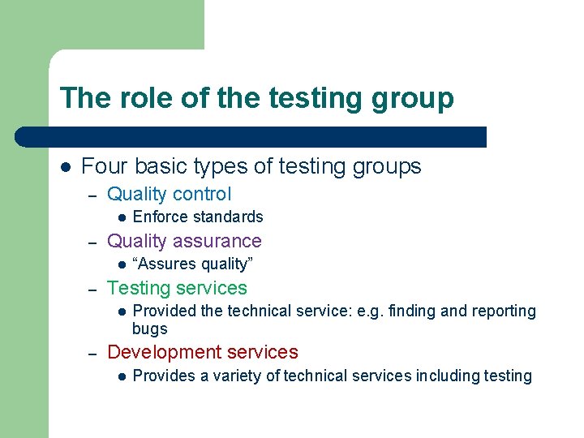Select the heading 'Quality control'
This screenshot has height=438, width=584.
tap(169, 194)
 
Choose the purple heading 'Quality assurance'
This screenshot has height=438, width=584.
tap(184, 241)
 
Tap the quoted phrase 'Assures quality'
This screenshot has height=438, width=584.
tap(193, 264)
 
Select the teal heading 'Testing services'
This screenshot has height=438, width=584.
tap(177, 288)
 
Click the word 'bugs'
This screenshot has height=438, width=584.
tap(149, 328)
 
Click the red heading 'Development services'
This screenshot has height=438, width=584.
tap(203, 352)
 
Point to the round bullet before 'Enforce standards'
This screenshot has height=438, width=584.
tap(119, 217)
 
